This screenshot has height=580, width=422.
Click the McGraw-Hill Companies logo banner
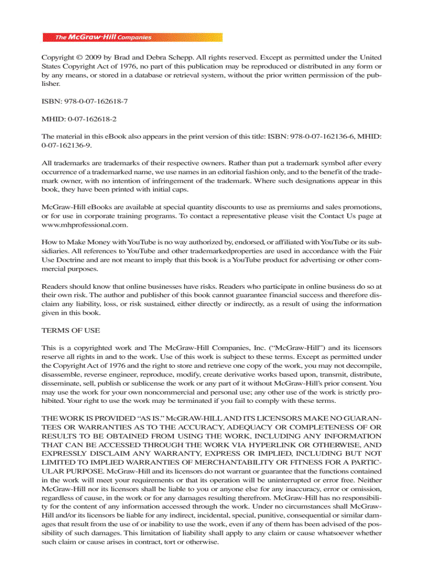click(132, 37)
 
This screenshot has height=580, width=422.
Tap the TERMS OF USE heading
click(71, 331)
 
